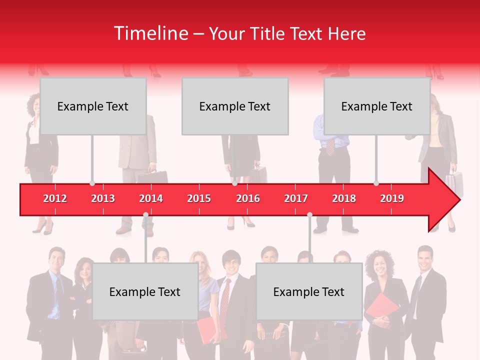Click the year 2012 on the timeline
pos(55,198)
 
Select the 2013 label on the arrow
pos(103,198)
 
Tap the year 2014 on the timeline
pos(151,198)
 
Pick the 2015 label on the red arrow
pos(199,198)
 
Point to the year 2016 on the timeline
pos(248,198)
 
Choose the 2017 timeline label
pos(296,198)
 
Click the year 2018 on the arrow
pos(344,198)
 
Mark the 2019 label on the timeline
pos(392,198)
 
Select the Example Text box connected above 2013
pos(93,106)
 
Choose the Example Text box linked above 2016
pos(235,106)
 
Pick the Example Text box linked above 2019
pos(377,106)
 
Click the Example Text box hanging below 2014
pos(145,291)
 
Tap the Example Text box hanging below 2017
pos(309,291)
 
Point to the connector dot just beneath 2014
pos(145,215)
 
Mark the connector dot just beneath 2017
pos(309,215)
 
